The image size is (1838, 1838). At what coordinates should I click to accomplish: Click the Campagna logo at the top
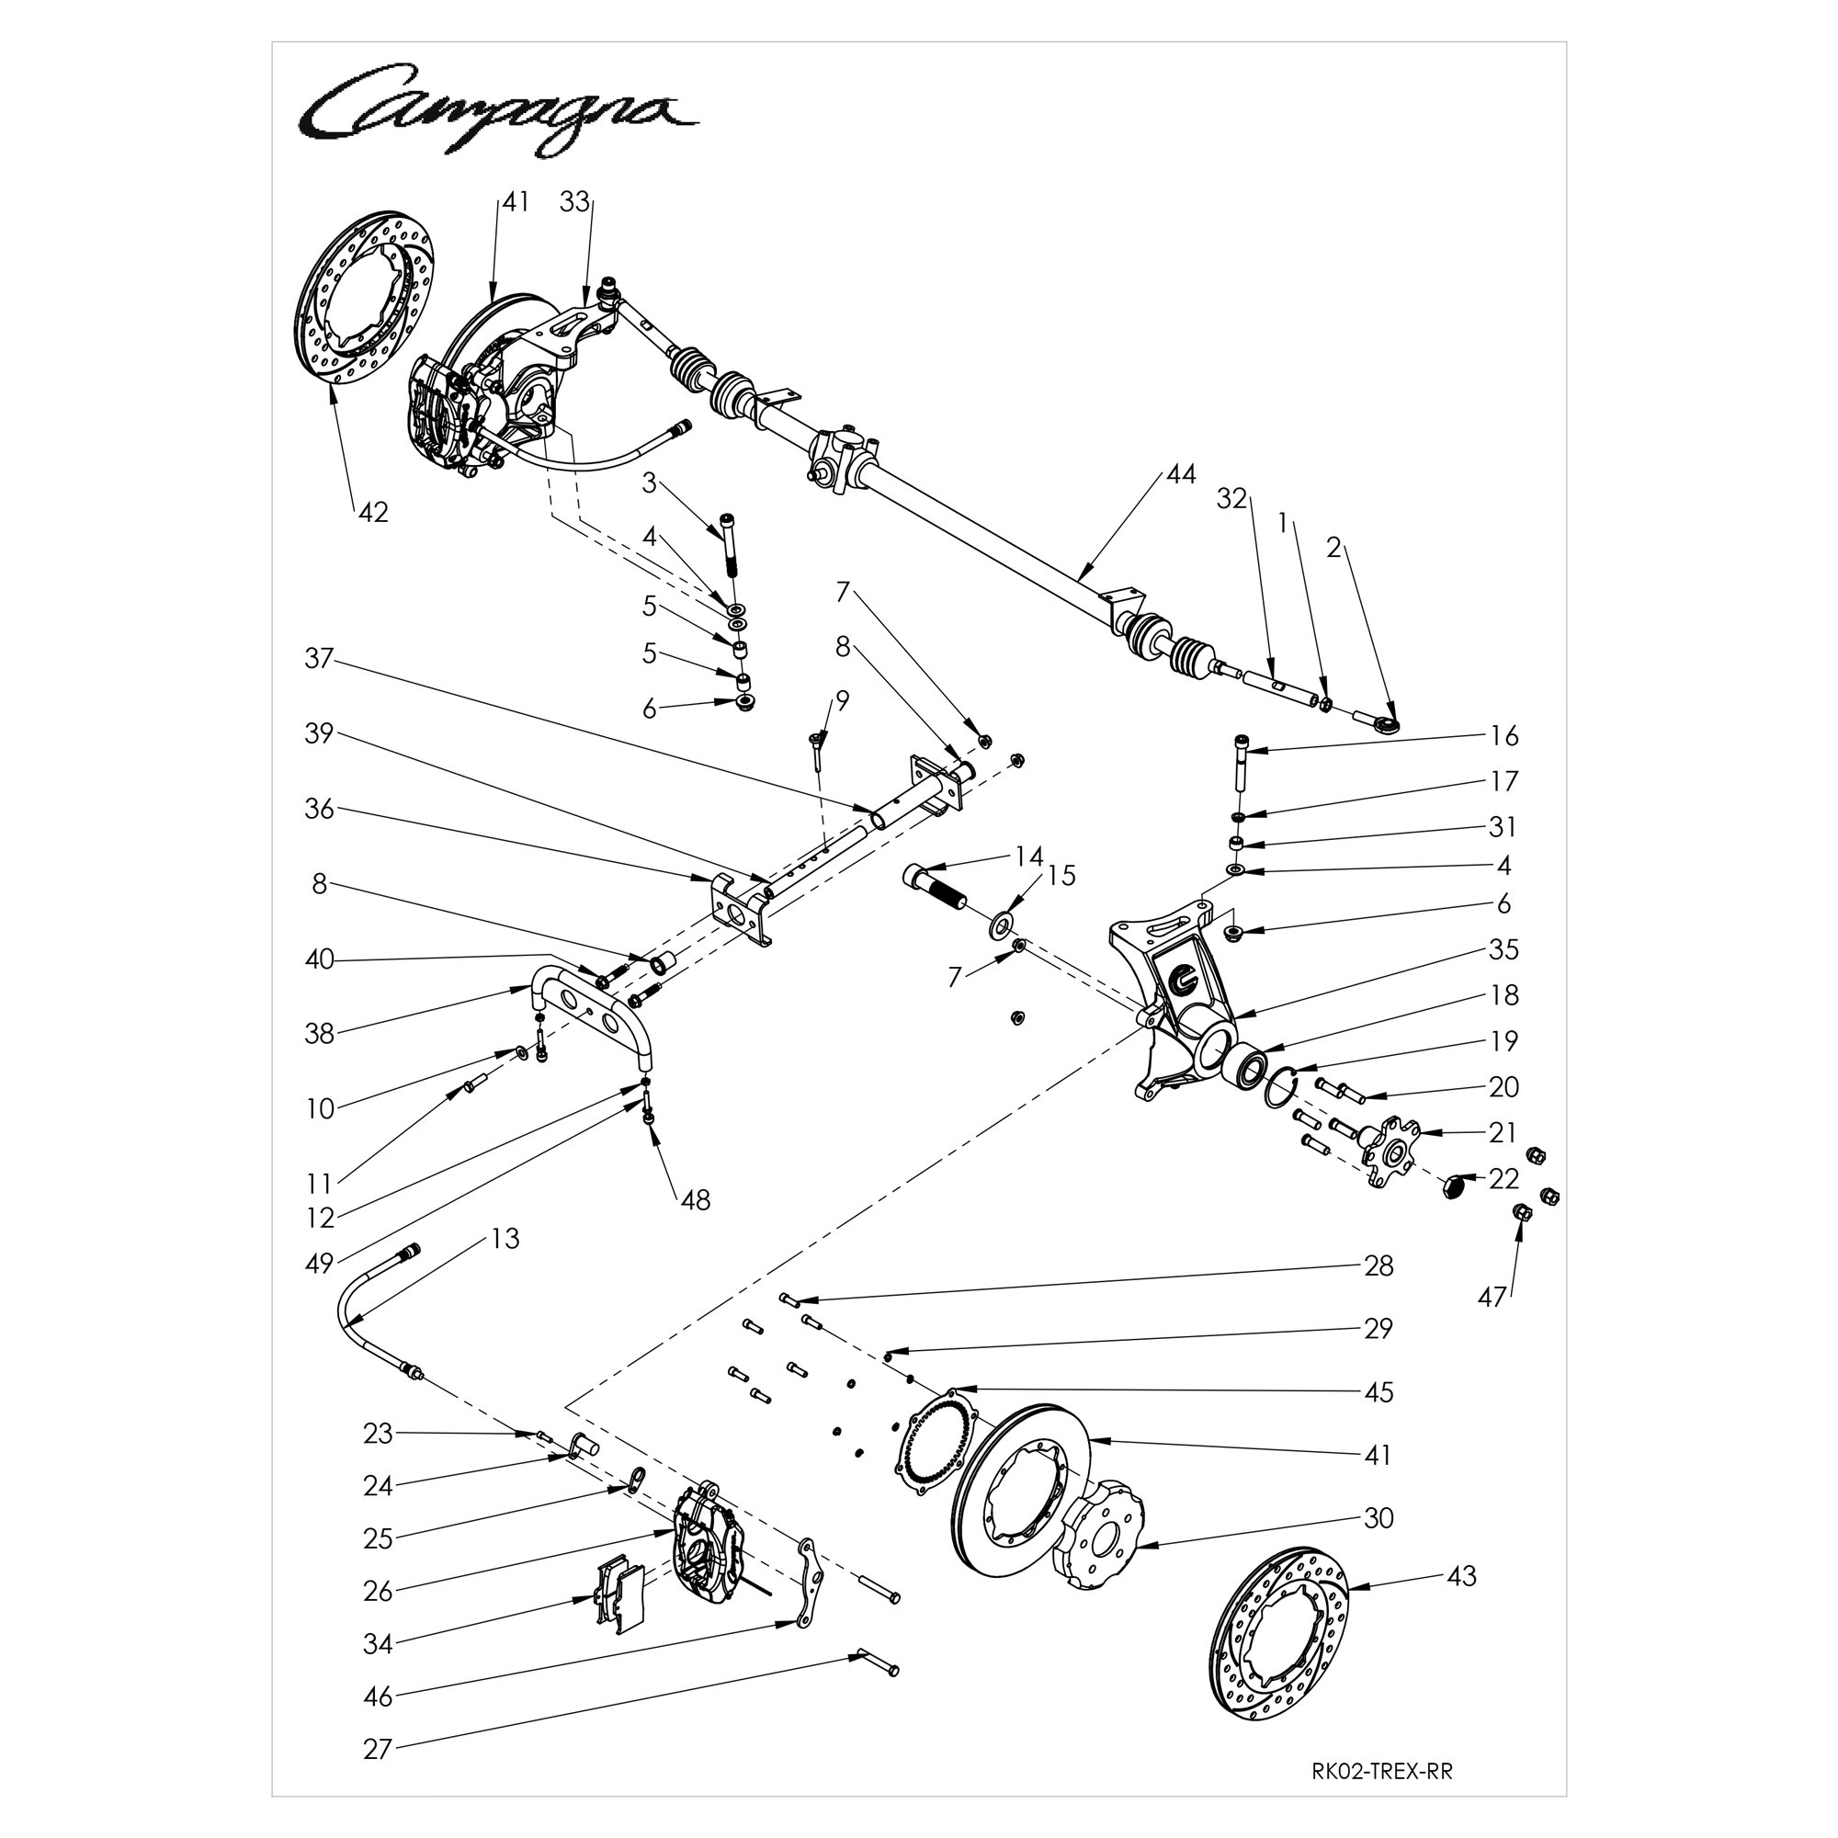pos(498,110)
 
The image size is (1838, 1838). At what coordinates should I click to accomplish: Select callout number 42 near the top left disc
pos(373,512)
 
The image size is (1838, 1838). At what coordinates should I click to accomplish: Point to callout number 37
pos(319,658)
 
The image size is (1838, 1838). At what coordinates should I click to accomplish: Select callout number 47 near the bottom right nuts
pos(1491,1297)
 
